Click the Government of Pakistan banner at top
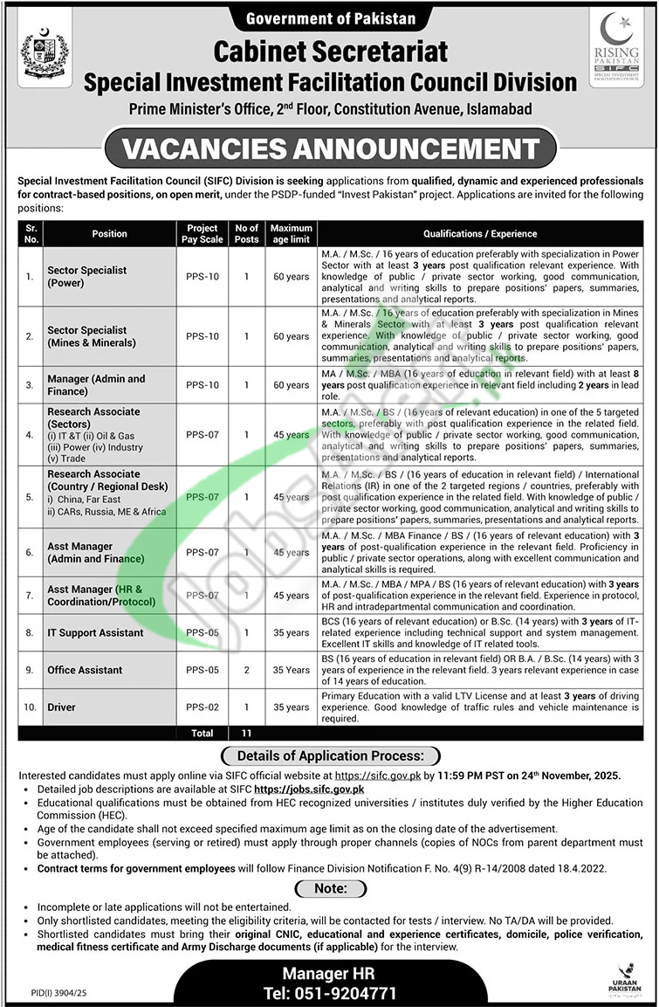pyautogui.click(x=330, y=17)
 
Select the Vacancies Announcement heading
pyautogui.click(x=330, y=148)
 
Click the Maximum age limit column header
pyautogui.click(x=291, y=233)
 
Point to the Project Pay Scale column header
pyautogui.click(x=202, y=233)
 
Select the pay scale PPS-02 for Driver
pyautogui.click(x=202, y=707)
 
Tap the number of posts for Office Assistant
pyautogui.click(x=246, y=670)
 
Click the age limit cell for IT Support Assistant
pyautogui.click(x=291, y=632)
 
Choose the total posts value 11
pyautogui.click(x=246, y=733)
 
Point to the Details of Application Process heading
pyautogui.click(x=330, y=755)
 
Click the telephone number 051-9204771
pyautogui.click(x=330, y=994)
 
